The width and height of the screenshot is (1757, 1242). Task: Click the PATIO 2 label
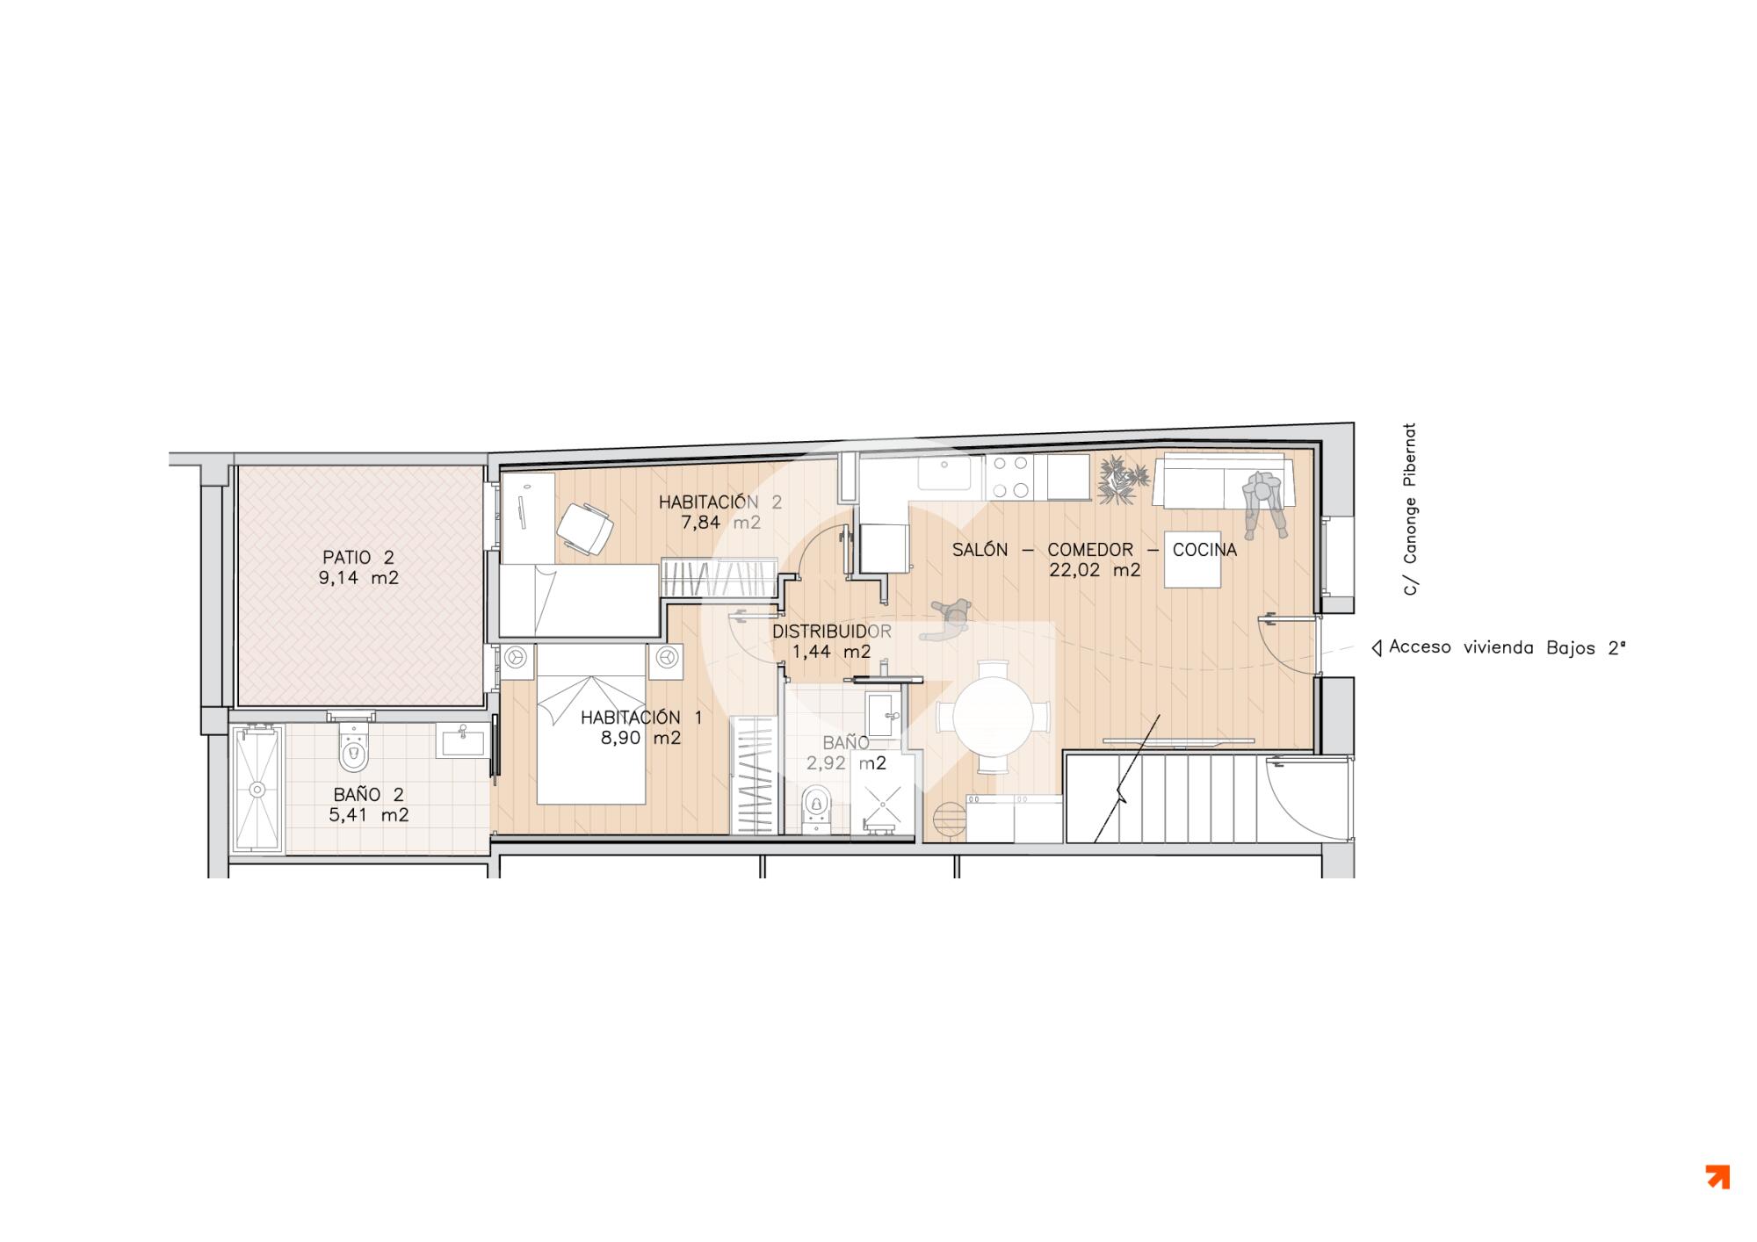point(358,558)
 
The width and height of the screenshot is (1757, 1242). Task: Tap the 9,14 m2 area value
point(359,579)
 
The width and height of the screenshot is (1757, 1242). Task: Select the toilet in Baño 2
point(354,745)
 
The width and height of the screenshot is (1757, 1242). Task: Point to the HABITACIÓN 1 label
point(641,718)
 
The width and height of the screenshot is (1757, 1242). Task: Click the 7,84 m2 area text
point(721,524)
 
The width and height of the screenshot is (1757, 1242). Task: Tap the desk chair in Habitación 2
point(584,527)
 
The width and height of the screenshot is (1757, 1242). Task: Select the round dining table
point(994,717)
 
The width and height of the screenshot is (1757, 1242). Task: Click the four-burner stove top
point(1009,477)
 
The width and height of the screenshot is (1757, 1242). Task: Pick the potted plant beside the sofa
point(1124,480)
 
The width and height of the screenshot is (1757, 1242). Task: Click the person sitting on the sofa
point(1264,503)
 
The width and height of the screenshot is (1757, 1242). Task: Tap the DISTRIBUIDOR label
point(831,632)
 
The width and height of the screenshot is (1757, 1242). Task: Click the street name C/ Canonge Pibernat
point(1410,509)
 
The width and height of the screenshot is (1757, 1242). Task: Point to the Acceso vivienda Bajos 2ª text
point(1508,648)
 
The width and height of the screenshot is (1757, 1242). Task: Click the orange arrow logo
point(1717,1177)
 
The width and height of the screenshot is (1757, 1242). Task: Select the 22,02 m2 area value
point(1095,570)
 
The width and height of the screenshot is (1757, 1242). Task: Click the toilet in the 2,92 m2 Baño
point(817,808)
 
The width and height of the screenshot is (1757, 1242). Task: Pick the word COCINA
point(1204,550)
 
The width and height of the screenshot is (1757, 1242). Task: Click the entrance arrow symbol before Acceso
point(1377,649)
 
